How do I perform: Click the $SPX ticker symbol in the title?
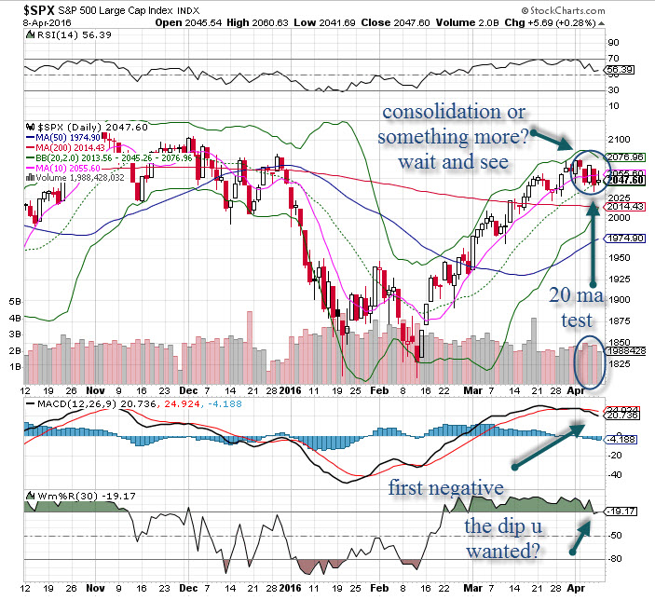click(x=28, y=8)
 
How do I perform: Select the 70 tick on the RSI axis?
click(x=613, y=58)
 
